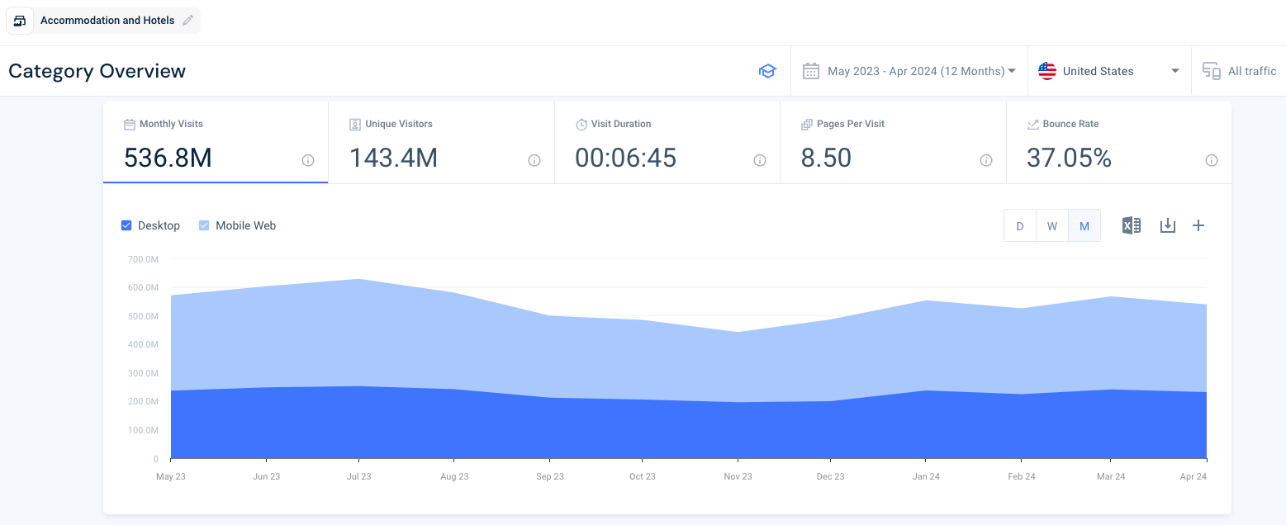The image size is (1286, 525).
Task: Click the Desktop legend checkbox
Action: (126, 225)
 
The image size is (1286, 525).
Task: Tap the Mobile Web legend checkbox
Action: (204, 225)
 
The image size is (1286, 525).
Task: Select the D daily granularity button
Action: (1020, 226)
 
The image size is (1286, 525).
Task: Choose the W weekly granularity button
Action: (1051, 226)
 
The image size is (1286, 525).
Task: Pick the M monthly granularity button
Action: (1084, 226)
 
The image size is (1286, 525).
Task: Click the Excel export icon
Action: (1131, 225)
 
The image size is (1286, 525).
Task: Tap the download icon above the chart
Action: (1167, 225)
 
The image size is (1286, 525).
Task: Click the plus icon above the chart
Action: (1198, 225)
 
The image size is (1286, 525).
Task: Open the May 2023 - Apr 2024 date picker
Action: (909, 71)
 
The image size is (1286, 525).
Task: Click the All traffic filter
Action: (1240, 71)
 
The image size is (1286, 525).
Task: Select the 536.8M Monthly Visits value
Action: (168, 158)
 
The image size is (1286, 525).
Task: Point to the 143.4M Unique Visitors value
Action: (393, 158)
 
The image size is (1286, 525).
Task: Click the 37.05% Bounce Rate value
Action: (1069, 158)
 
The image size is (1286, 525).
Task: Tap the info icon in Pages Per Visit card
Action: (985, 160)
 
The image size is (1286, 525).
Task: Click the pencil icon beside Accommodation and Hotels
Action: (188, 21)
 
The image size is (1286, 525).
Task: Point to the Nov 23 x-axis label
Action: (738, 477)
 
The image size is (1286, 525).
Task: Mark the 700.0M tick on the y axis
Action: (143, 259)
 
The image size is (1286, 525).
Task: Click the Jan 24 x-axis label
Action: (926, 477)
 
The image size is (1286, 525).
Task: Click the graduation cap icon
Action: (767, 71)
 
